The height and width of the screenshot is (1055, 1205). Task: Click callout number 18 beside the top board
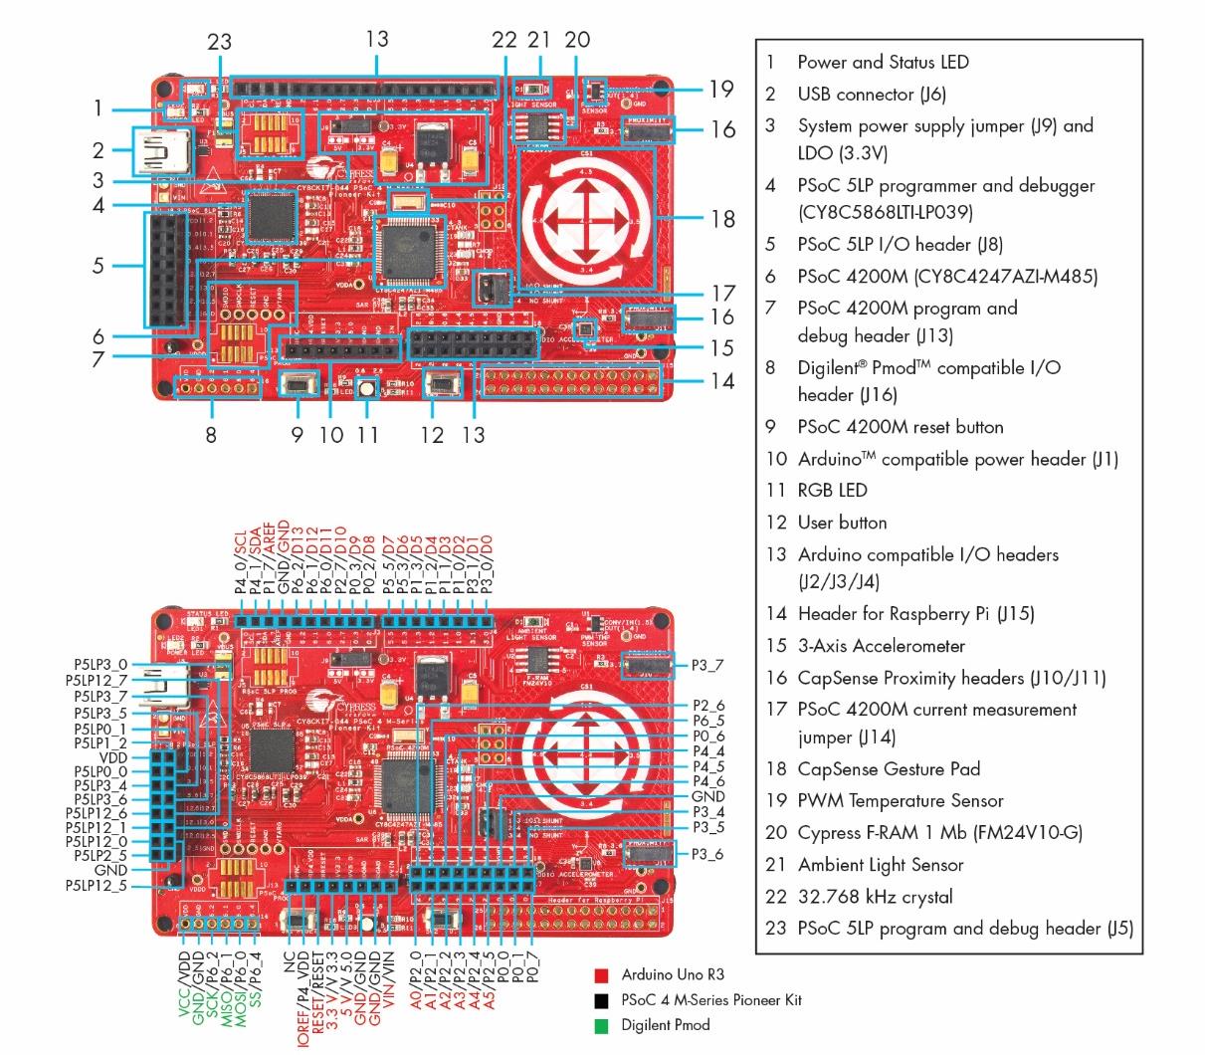[x=723, y=219]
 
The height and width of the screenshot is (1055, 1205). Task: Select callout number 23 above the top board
[x=219, y=42]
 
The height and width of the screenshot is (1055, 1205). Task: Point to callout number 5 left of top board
[x=98, y=266]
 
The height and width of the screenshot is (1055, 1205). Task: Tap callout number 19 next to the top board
[x=721, y=90]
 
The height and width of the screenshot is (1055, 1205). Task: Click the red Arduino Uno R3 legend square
[x=601, y=975]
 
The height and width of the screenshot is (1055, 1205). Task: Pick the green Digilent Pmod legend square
[x=601, y=1025]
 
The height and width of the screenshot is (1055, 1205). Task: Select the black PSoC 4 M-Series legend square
[x=601, y=1000]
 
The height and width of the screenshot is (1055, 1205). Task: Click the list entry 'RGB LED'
[x=832, y=491]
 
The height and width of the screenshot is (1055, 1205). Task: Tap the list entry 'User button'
[x=842, y=523]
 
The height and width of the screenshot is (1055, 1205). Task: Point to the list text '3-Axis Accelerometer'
[x=881, y=646]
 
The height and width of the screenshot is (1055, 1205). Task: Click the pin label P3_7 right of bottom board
[x=707, y=665]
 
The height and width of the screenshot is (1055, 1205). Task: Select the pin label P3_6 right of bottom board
[x=707, y=855]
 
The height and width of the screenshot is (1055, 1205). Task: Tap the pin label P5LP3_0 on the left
[x=100, y=664]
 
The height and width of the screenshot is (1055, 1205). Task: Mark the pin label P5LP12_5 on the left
[x=97, y=885]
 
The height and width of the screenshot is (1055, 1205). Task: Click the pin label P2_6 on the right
[x=708, y=706]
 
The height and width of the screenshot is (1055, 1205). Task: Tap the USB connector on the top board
[x=156, y=151]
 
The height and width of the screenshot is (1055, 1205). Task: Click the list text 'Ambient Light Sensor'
[x=881, y=865]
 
